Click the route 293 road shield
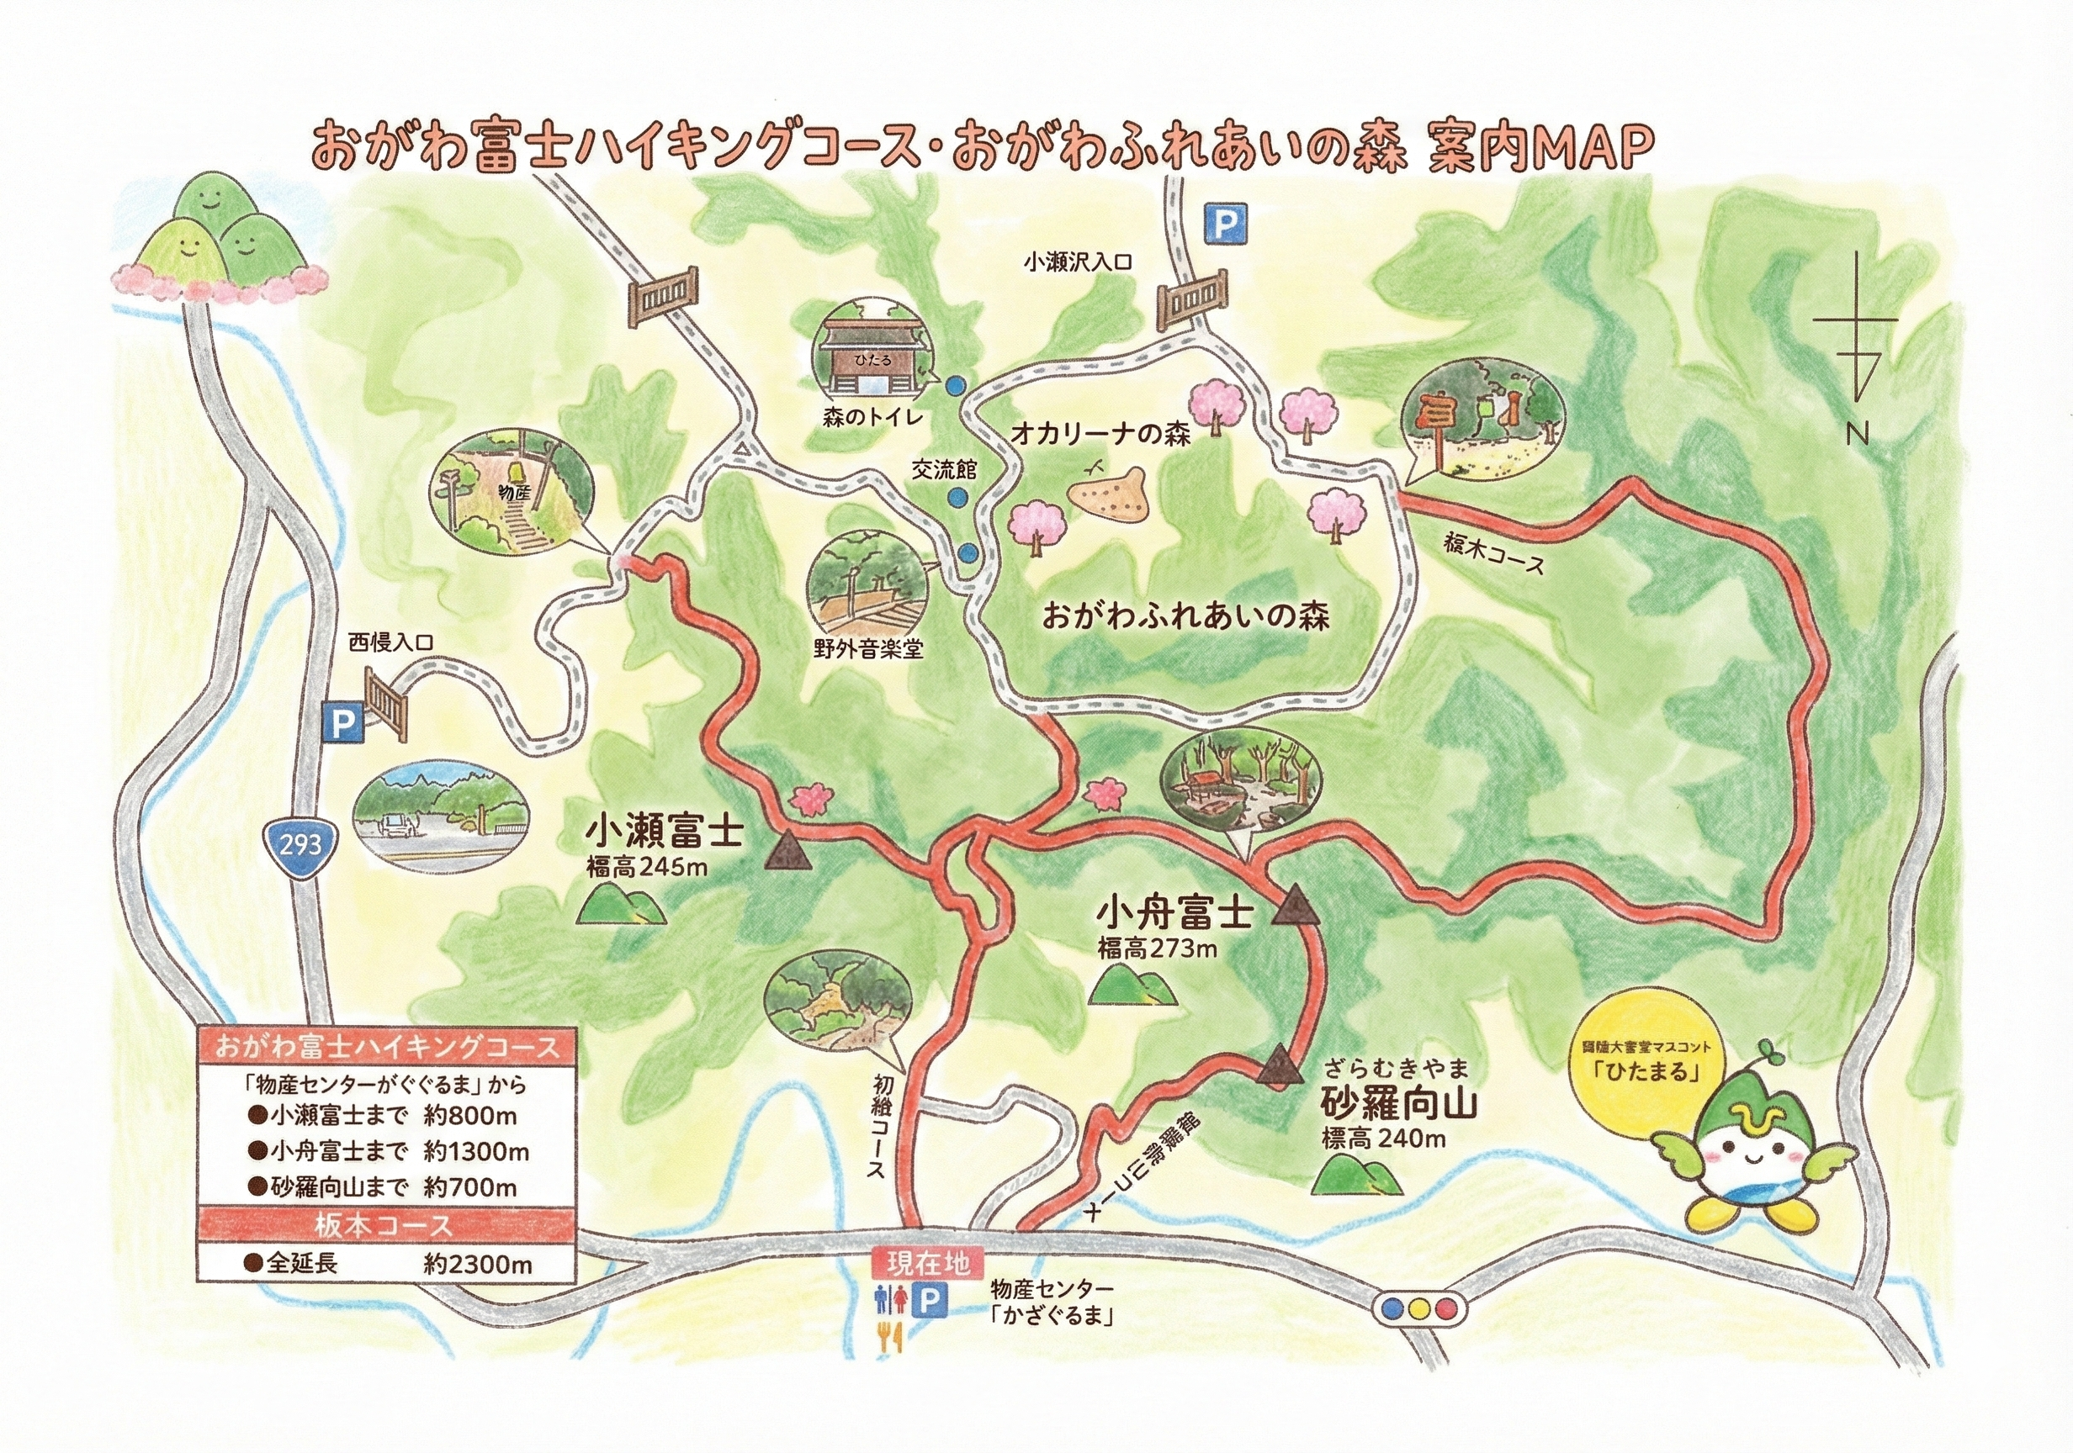(x=300, y=844)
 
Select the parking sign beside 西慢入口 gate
(x=342, y=723)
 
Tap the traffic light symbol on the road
(x=1418, y=1307)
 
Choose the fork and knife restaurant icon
(x=890, y=1338)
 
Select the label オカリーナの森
(x=1100, y=435)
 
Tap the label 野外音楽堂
(x=867, y=649)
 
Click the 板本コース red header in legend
(x=385, y=1226)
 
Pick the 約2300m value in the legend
(x=478, y=1265)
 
